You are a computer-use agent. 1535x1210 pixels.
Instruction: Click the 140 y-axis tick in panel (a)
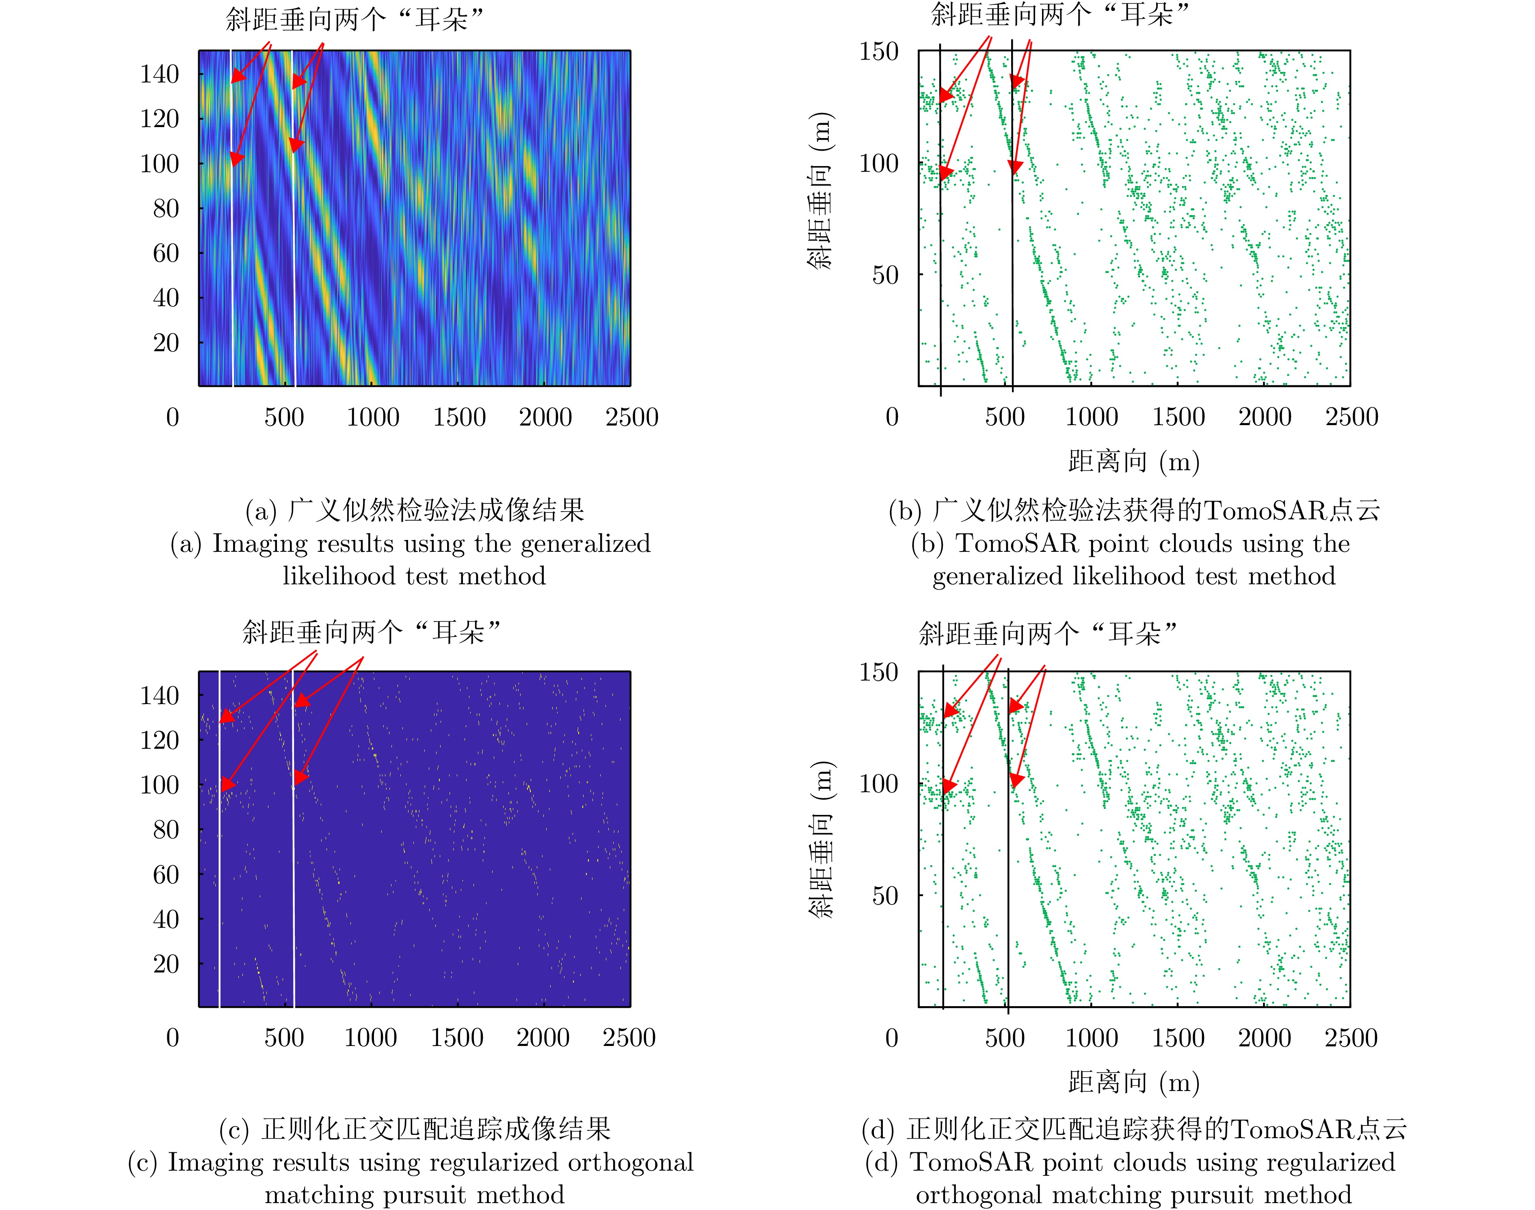pos(159,73)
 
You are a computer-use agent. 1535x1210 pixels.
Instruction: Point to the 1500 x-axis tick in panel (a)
pos(459,417)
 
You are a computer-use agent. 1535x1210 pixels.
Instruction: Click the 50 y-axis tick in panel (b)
pos(885,275)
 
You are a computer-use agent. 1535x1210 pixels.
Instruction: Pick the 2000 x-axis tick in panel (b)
pos(1265,417)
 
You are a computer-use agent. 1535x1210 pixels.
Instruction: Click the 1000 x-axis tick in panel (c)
pos(370,1038)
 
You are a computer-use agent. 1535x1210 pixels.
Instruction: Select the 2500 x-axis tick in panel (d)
pos(1351,1038)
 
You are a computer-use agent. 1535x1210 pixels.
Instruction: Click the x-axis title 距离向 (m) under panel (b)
pos(1133,462)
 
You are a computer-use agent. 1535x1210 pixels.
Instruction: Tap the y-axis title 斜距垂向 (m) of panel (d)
pos(822,840)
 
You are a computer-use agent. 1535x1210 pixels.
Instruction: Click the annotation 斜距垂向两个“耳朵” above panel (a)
pos(354,19)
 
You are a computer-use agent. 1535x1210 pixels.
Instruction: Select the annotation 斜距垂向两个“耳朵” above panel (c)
pos(371,631)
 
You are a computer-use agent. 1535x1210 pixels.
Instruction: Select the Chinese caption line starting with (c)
pos(414,1129)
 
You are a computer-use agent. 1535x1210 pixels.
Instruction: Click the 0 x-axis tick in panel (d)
pos(892,1038)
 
